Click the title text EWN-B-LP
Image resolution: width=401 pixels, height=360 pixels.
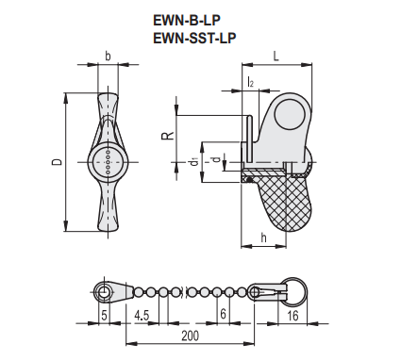tap(187, 21)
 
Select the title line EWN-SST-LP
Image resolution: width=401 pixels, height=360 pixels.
tap(194, 38)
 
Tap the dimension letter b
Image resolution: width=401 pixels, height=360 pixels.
tap(108, 57)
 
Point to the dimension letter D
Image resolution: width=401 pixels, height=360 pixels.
tap(57, 162)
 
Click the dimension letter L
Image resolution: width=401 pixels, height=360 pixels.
tap(276, 57)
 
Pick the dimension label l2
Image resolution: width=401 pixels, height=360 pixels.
tap(251, 82)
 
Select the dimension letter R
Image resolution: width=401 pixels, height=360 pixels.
tap(168, 136)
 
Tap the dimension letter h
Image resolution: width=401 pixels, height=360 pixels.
tap(263, 237)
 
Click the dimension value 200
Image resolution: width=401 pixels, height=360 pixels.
tap(191, 335)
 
